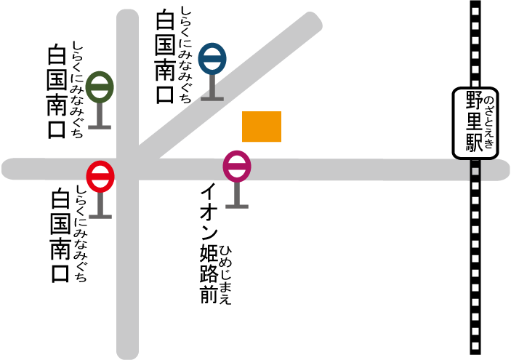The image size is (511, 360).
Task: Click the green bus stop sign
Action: tap(100, 87)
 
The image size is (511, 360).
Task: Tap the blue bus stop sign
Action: tap(212, 59)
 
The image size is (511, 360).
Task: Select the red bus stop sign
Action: tap(100, 177)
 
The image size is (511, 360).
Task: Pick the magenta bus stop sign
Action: tap(237, 167)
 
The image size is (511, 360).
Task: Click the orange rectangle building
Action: tap(262, 127)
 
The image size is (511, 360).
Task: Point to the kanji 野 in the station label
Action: tap(475, 100)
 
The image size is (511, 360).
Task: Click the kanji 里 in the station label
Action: tap(475, 121)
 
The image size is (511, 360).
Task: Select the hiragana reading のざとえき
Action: tap(489, 122)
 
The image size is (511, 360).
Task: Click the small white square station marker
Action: tap(475, 172)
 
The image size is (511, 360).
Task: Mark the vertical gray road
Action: tap(127, 276)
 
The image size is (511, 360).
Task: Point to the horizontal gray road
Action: tap(363, 169)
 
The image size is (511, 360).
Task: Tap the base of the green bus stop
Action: tap(100, 127)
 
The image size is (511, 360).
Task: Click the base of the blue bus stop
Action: tap(212, 98)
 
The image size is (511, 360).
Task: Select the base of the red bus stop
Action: tap(100, 216)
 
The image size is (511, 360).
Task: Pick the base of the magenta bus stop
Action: tap(237, 207)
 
